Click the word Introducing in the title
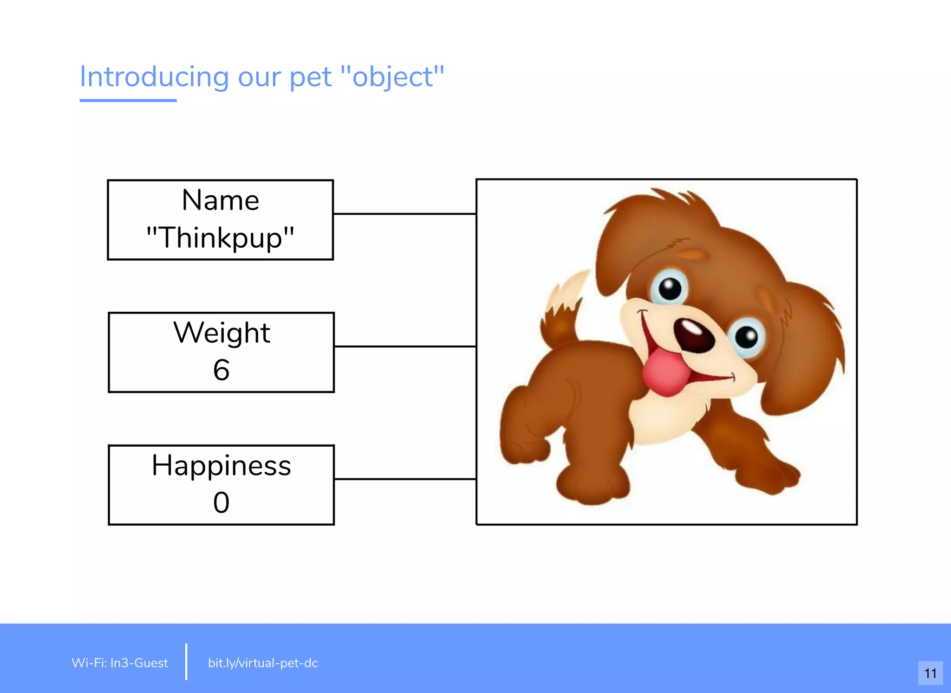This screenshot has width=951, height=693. click(x=154, y=77)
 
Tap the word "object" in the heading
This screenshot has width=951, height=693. click(x=393, y=77)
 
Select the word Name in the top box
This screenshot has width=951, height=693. click(x=221, y=200)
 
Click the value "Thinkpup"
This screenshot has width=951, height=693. click(x=221, y=237)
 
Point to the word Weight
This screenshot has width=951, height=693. click(x=221, y=333)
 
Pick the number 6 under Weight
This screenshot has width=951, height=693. click(x=221, y=370)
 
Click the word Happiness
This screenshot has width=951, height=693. click(x=221, y=465)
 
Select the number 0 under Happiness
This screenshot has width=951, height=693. click(x=221, y=502)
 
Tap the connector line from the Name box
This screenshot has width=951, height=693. click(x=404, y=214)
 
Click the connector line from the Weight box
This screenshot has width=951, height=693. click(x=404, y=346)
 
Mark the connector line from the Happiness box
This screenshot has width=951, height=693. click(x=404, y=479)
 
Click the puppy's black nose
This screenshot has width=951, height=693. click(x=694, y=335)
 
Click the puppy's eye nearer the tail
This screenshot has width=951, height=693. click(x=669, y=289)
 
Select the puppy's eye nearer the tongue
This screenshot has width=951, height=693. click(x=747, y=336)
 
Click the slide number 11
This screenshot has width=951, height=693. click(x=930, y=673)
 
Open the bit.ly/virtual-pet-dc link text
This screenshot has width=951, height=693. click(x=263, y=663)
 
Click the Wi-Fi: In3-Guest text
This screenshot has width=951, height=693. click(x=120, y=663)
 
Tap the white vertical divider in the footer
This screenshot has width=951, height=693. click(x=186, y=662)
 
